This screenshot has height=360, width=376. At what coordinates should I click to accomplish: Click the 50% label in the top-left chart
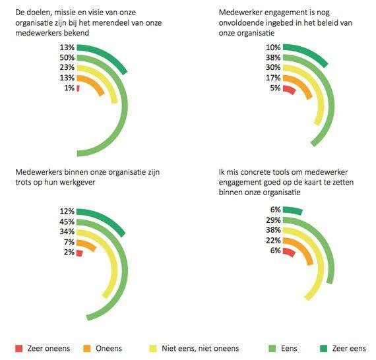click(x=67, y=57)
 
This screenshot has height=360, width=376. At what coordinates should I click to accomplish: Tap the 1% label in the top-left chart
click(x=69, y=88)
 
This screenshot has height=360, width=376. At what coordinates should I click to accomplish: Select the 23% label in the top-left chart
click(x=67, y=68)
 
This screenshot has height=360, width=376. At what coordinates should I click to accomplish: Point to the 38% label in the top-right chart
click(x=273, y=57)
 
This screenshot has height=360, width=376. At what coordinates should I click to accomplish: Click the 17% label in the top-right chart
click(x=273, y=78)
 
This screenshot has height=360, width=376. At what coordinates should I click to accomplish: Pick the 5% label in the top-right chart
click(x=275, y=88)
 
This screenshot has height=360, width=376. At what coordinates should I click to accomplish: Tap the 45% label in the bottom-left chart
click(x=67, y=222)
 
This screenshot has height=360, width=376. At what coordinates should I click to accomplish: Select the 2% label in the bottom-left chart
click(x=69, y=252)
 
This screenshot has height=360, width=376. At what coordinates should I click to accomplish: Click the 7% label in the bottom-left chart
click(x=69, y=242)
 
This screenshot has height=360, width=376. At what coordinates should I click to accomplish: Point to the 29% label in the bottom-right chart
click(x=273, y=220)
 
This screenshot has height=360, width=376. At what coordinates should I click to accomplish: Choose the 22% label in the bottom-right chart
click(x=273, y=240)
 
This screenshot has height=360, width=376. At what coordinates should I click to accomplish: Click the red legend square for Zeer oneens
click(x=19, y=349)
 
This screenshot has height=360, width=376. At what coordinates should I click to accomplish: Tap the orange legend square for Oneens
click(x=87, y=349)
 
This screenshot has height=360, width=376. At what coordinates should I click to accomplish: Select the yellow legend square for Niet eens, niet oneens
click(x=153, y=349)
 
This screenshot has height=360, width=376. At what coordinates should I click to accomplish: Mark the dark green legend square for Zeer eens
click(x=324, y=349)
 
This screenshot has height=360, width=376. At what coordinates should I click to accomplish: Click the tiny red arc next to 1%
click(x=78, y=88)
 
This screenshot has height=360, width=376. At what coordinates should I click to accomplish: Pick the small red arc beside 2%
click(x=80, y=253)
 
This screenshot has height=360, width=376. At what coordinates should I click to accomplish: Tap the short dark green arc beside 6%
click(x=293, y=210)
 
